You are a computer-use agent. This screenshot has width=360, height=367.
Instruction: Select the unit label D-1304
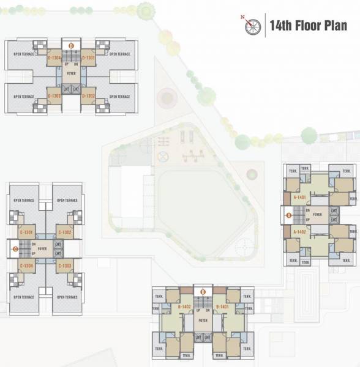[x=54, y=58]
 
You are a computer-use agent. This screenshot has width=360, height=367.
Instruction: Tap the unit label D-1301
[x=88, y=58]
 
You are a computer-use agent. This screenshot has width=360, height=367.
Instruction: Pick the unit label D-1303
[x=54, y=96]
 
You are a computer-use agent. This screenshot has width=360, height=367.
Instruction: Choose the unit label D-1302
[x=88, y=96]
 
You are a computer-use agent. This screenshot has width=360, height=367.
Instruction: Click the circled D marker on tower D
[x=71, y=45]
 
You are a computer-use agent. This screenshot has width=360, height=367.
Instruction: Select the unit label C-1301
[x=27, y=232]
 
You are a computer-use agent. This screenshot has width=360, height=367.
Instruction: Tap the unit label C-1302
[x=66, y=232]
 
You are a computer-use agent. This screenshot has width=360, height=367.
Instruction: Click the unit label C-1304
[x=27, y=266]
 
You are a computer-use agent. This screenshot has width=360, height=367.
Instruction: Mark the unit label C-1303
[x=66, y=266]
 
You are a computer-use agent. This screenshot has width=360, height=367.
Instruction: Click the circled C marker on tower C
[x=15, y=249]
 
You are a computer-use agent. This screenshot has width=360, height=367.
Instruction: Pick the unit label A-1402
[x=300, y=232]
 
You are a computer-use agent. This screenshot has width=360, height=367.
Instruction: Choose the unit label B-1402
[x=184, y=306]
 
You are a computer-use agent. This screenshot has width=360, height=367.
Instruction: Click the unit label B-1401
[x=222, y=306]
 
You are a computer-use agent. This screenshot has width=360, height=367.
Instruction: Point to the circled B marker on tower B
[x=203, y=292]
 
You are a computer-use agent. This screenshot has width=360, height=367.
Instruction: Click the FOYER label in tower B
[x=203, y=320]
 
